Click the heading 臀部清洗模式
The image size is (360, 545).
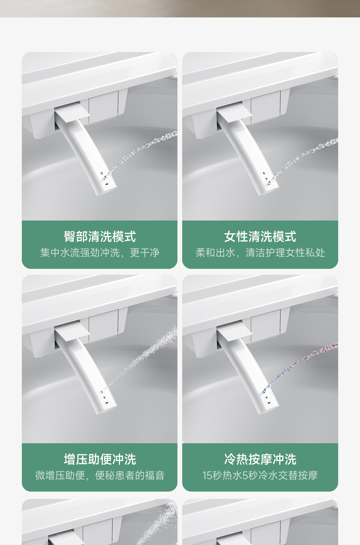coord(100,237)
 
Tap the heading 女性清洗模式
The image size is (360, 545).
coord(260,237)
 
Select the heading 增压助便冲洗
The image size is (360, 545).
coord(100,459)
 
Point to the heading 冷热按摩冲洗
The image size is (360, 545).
coord(260,459)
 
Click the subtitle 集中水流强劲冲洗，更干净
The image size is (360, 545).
coord(100,253)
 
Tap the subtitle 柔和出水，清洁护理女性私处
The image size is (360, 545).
coord(260,253)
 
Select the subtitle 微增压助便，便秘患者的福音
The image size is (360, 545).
coord(100,475)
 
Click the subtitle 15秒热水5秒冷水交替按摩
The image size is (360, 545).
coord(260,475)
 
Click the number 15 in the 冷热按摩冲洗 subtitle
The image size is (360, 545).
coord(207,475)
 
